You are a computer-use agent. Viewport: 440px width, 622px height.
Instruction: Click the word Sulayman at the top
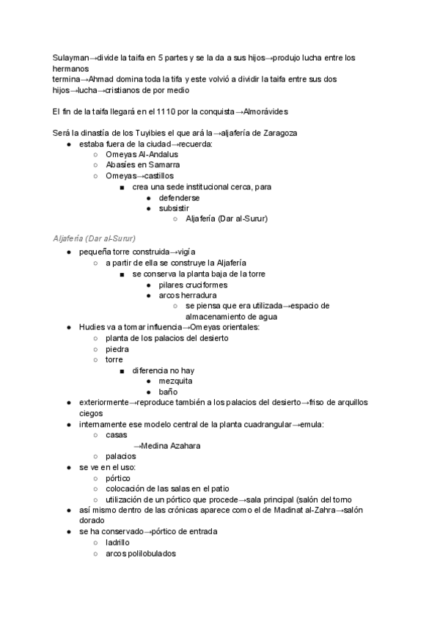tap(70, 57)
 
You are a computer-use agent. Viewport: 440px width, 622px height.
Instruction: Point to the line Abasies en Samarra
tap(143, 165)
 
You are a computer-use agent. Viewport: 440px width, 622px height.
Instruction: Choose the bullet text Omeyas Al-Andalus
tap(142, 154)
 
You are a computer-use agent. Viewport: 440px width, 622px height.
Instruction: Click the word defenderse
tap(179, 198)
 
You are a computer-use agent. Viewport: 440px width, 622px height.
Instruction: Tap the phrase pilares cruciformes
tap(193, 285)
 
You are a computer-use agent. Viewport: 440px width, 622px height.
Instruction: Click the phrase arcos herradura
tap(188, 295)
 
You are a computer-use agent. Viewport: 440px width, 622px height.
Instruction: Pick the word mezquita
tap(176, 381)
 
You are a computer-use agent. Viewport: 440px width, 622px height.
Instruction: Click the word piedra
tap(117, 349)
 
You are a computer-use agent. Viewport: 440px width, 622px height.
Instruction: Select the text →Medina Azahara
tap(166, 445)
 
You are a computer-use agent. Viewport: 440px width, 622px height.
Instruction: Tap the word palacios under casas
tap(121, 455)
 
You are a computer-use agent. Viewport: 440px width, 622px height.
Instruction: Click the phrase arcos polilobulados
tap(141, 554)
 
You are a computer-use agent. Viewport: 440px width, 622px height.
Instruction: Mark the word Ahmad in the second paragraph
tap(104, 79)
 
